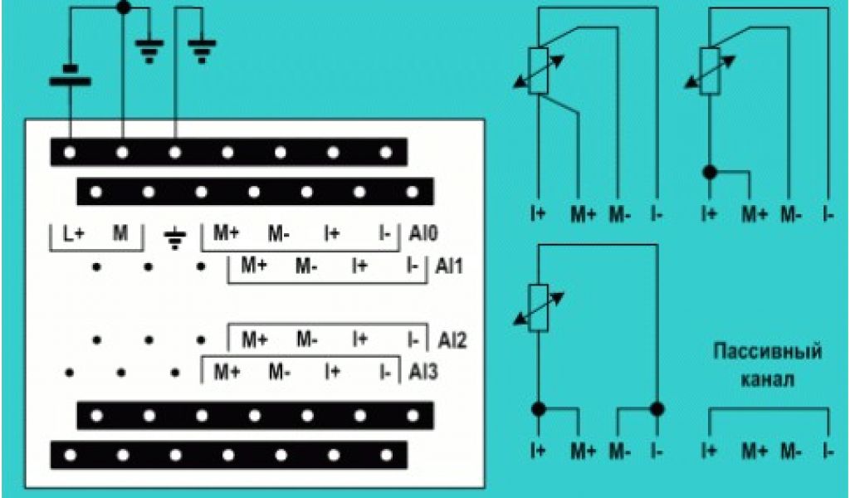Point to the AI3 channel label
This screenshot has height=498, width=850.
pos(423,372)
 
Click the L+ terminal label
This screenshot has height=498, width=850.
pos(74,233)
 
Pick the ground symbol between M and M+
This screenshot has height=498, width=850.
pos(173,239)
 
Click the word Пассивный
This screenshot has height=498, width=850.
pos(768,353)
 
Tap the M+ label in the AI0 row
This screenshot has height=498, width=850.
pos(227,233)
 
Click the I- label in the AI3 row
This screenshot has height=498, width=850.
pos(384,371)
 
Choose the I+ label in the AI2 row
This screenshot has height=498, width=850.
pos(359,339)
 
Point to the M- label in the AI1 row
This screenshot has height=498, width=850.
pos(306,266)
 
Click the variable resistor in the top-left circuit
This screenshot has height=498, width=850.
pos(539,71)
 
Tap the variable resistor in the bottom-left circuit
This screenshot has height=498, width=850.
pos(539,308)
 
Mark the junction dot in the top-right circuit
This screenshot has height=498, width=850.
pos(709,172)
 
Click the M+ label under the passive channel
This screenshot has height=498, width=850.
pos(754,452)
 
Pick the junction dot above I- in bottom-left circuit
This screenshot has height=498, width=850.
pos(658,408)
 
